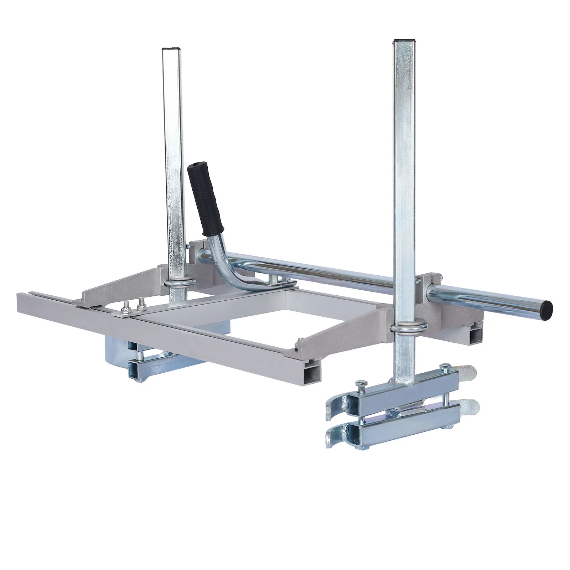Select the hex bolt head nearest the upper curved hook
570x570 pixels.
[x=360, y=384]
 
